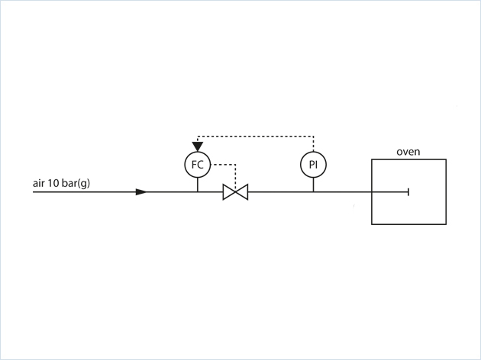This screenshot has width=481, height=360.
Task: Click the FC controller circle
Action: click(x=198, y=164)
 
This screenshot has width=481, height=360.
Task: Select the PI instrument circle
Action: click(x=313, y=164)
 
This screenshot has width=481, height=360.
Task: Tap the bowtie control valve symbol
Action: click(x=235, y=192)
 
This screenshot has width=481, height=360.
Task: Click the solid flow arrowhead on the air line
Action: click(x=141, y=192)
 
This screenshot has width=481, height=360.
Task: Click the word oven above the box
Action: click(x=408, y=152)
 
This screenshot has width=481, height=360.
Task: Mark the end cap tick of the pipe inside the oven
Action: click(x=408, y=192)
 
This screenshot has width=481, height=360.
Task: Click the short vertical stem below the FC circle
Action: click(x=198, y=184)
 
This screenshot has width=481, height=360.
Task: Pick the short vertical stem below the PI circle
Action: click(x=313, y=184)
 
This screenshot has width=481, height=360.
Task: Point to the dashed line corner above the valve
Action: click(x=235, y=164)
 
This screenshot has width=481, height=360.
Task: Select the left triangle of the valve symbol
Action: click(x=229, y=192)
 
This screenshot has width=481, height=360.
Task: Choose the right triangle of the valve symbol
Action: click(x=242, y=192)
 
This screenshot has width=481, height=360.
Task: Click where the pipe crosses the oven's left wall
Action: click(x=372, y=192)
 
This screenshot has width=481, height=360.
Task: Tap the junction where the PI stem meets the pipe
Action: click(x=313, y=192)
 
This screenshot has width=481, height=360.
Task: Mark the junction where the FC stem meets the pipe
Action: click(x=198, y=192)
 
